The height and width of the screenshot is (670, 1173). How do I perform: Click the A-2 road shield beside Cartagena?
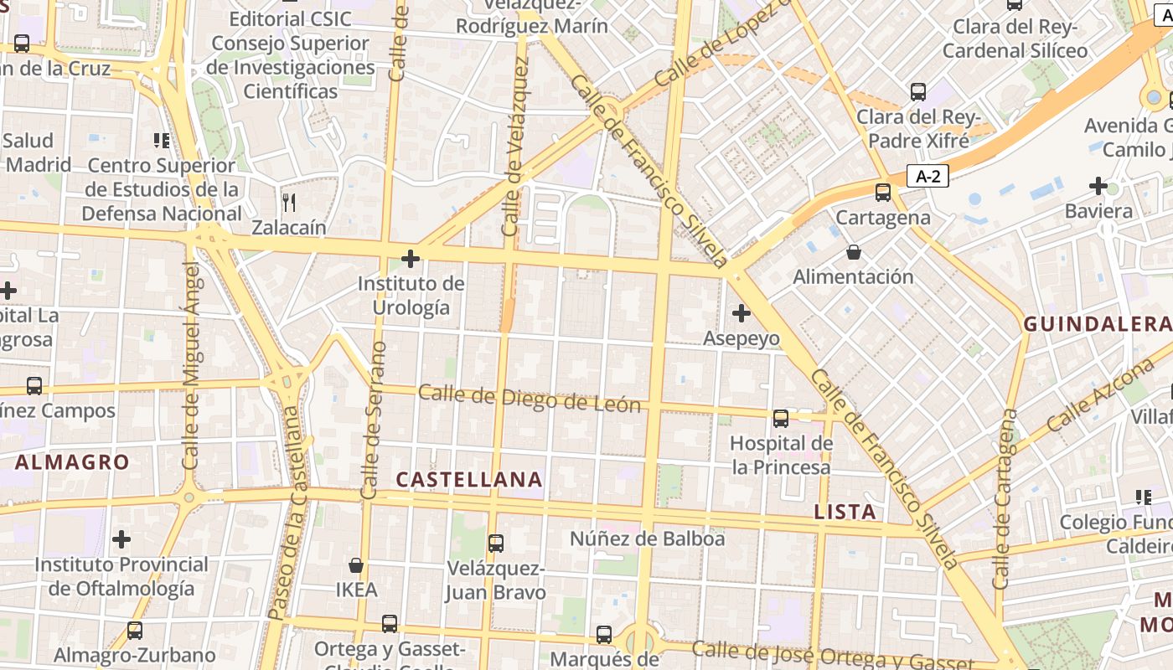(928, 177)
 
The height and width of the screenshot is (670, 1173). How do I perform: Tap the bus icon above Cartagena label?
(883, 193)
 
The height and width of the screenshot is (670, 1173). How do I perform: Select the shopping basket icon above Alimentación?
(853, 251)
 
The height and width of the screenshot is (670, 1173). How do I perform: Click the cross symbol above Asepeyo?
(742, 313)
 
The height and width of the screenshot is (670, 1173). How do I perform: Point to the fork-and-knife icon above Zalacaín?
(289, 202)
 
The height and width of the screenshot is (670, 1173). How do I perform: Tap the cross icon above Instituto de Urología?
(411, 259)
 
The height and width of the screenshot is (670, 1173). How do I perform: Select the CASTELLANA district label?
(469, 480)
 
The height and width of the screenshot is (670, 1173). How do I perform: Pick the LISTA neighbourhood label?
(845, 512)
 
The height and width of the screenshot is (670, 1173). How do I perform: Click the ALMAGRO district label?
(72, 462)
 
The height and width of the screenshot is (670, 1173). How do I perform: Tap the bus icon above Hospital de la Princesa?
(781, 418)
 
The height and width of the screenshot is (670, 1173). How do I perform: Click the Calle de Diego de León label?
(530, 399)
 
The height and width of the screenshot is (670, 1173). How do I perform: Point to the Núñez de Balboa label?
(648, 539)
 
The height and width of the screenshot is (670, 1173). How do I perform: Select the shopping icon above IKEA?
(356, 565)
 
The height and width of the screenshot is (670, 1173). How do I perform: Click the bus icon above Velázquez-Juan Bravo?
(496, 544)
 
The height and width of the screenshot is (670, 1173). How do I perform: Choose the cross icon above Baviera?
(1098, 186)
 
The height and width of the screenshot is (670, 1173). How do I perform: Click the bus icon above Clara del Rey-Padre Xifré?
(918, 92)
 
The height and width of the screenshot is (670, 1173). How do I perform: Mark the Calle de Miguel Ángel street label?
(192, 365)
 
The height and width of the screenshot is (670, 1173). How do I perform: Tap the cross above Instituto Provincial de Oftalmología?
(121, 539)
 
